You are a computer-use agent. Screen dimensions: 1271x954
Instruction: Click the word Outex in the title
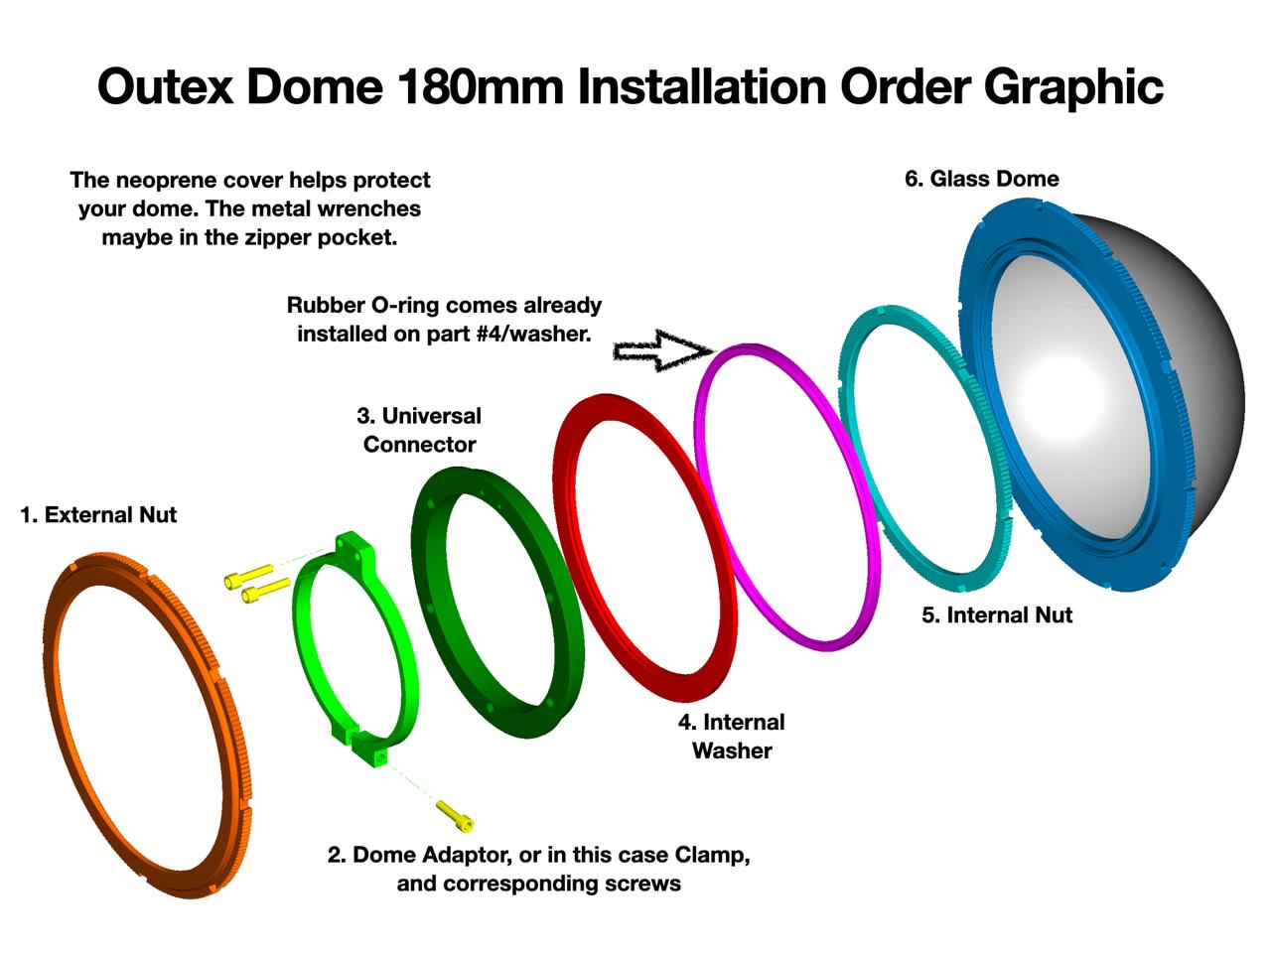point(166,86)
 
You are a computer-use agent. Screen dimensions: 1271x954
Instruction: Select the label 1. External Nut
point(98,514)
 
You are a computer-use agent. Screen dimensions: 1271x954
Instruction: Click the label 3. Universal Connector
point(419,430)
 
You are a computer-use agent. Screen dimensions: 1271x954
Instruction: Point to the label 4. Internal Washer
point(732,737)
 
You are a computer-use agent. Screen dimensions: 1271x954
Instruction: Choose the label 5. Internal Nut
point(997,614)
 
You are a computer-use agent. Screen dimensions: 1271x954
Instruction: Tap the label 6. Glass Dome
point(982,179)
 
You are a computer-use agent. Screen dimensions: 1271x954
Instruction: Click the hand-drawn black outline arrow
point(663,350)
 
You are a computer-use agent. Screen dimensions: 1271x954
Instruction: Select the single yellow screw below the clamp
point(455,816)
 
